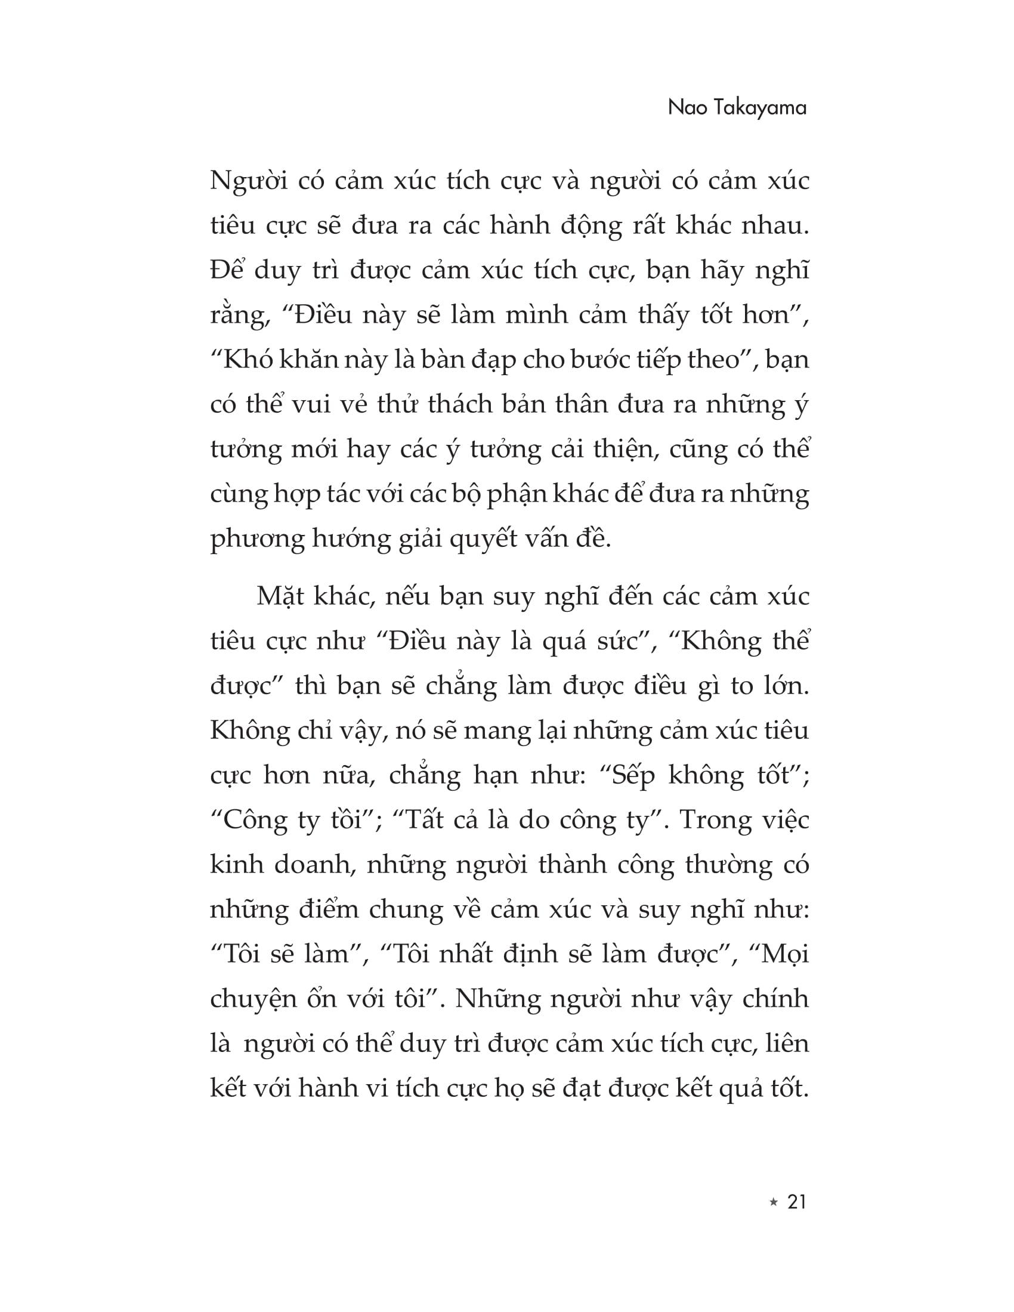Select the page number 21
point(796,1202)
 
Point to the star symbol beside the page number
point(773,1203)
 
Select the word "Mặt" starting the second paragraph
point(279,596)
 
